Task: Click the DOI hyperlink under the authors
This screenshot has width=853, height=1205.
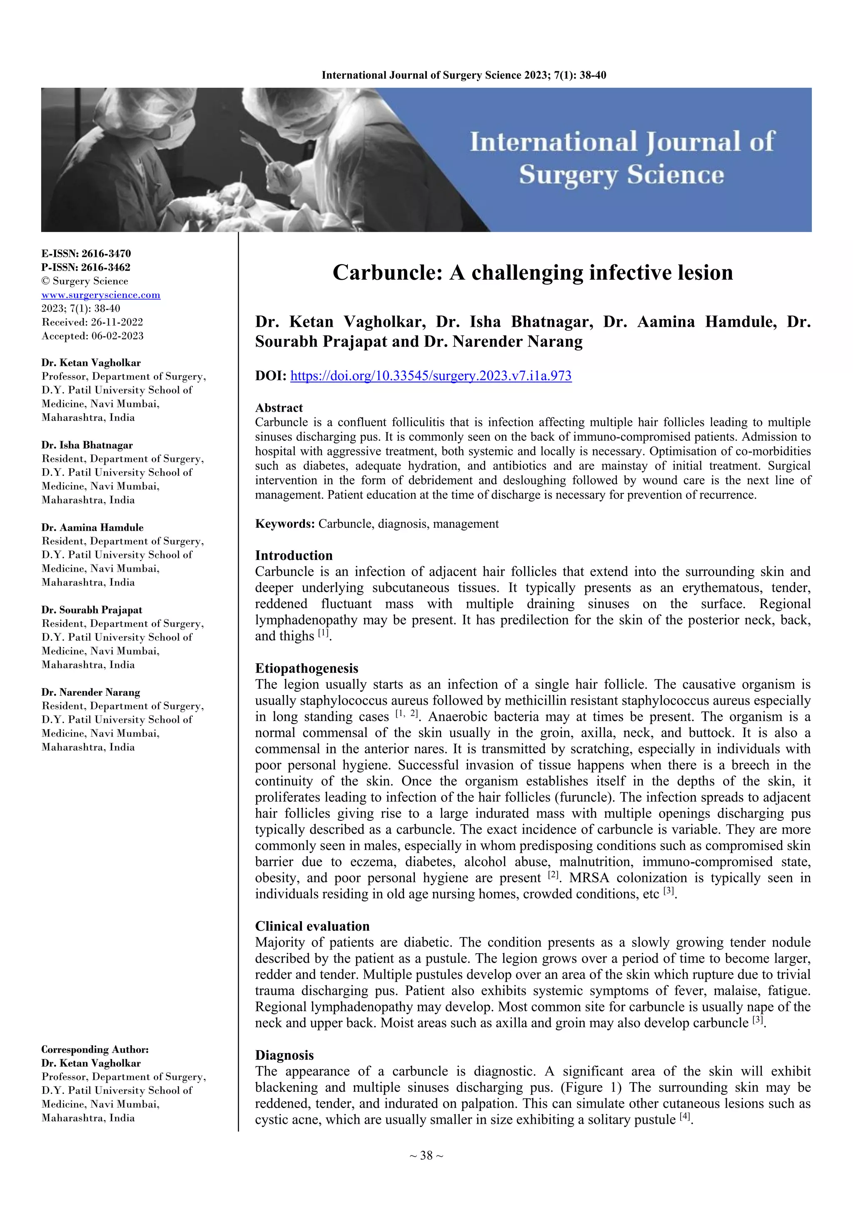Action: click(431, 376)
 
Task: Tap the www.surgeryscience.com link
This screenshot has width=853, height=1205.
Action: click(101, 295)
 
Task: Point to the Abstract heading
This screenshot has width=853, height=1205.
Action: click(279, 408)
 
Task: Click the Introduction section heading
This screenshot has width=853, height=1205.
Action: click(294, 555)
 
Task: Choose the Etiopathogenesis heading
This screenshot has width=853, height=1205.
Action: click(307, 668)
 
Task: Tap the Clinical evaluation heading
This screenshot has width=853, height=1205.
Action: click(312, 926)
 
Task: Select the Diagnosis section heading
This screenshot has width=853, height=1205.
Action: click(284, 1055)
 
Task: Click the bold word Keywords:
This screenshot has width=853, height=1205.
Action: click(285, 524)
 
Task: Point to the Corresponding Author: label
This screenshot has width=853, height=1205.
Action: click(95, 1049)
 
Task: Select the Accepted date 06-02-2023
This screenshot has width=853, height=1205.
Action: click(117, 336)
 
